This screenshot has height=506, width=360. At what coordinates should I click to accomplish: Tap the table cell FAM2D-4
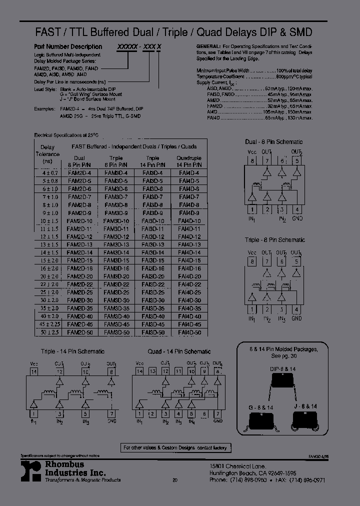[79, 172]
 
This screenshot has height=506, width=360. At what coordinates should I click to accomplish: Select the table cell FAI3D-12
[153, 236]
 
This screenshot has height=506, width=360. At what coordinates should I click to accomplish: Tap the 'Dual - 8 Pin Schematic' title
[274, 142]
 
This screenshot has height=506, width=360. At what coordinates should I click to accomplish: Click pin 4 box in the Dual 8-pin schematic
[297, 209]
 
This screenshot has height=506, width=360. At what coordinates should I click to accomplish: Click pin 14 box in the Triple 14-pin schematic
[33, 372]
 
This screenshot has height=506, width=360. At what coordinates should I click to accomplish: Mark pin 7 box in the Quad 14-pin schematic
[217, 414]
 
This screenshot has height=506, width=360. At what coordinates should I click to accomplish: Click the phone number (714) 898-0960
[244, 479]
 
